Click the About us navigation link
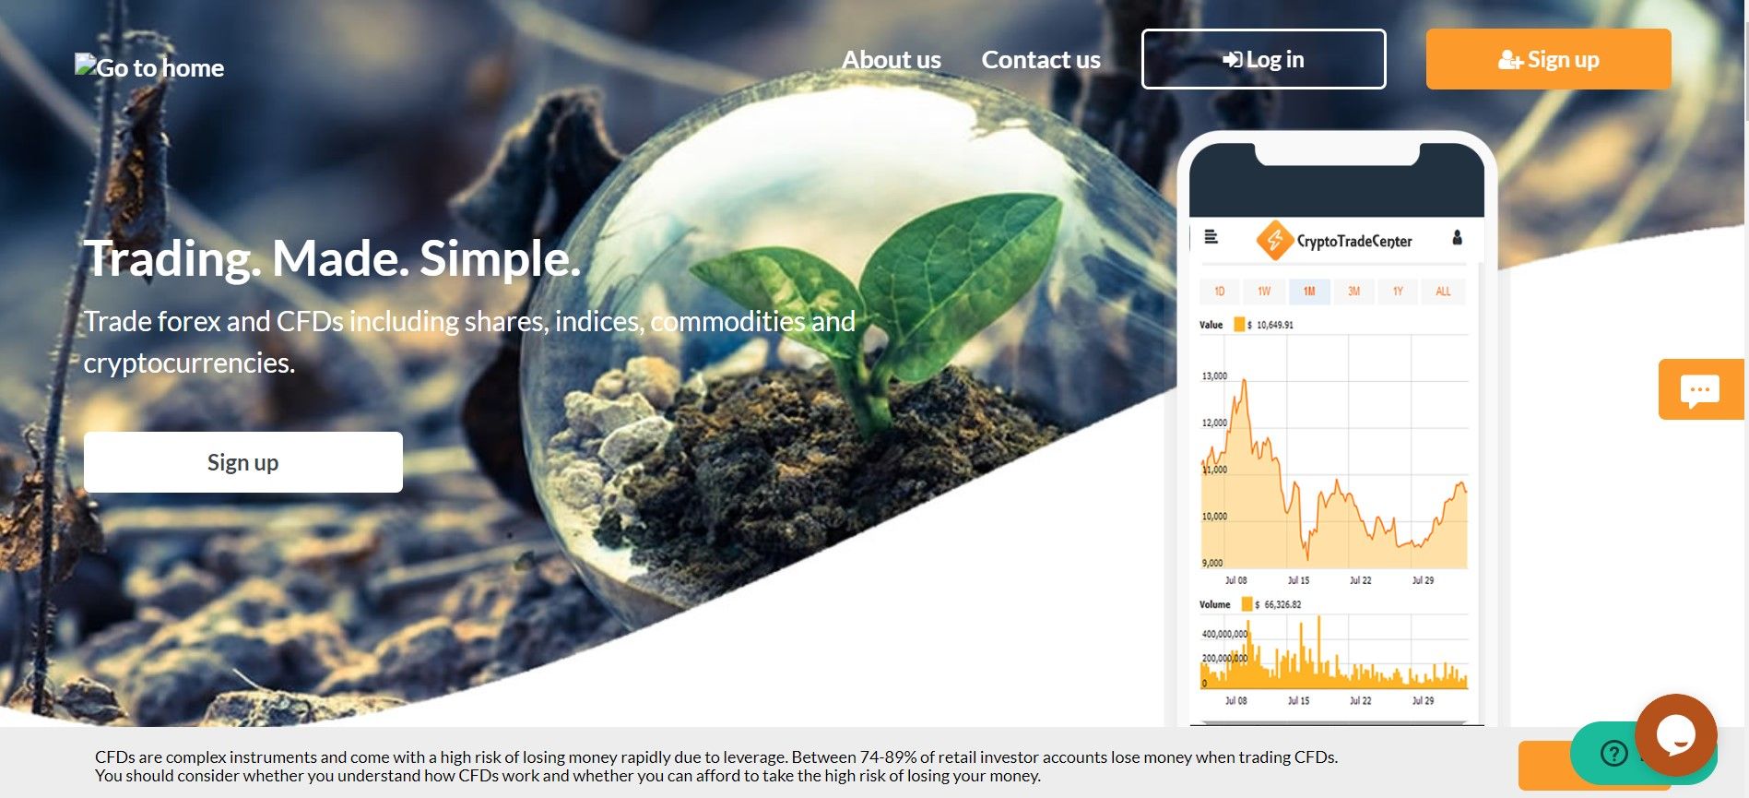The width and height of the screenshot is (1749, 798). [891, 60]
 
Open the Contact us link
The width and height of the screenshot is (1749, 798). [1041, 60]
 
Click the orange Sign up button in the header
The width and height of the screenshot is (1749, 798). [1548, 59]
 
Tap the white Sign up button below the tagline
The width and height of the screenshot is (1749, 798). [243, 462]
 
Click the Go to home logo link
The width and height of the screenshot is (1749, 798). [149, 66]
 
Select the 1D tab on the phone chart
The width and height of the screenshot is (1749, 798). [1219, 292]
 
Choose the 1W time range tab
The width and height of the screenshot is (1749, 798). [1264, 292]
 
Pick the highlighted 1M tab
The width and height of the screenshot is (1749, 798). [1309, 292]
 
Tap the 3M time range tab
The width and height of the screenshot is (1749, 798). [1353, 292]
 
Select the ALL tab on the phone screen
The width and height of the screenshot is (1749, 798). [1443, 292]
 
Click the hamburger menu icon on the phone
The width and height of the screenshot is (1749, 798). [1211, 237]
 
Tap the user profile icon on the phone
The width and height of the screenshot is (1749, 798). [1457, 237]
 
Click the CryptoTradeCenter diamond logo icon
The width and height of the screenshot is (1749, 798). [1275, 241]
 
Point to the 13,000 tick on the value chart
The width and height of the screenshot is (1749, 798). [1214, 376]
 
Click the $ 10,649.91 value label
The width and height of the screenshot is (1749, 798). [1270, 325]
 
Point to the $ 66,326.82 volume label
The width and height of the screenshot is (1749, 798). [1278, 604]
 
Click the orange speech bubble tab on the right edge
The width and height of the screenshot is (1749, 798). [1701, 389]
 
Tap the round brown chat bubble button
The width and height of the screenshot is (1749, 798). [1675, 734]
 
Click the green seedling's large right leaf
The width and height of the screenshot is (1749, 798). [959, 277]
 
